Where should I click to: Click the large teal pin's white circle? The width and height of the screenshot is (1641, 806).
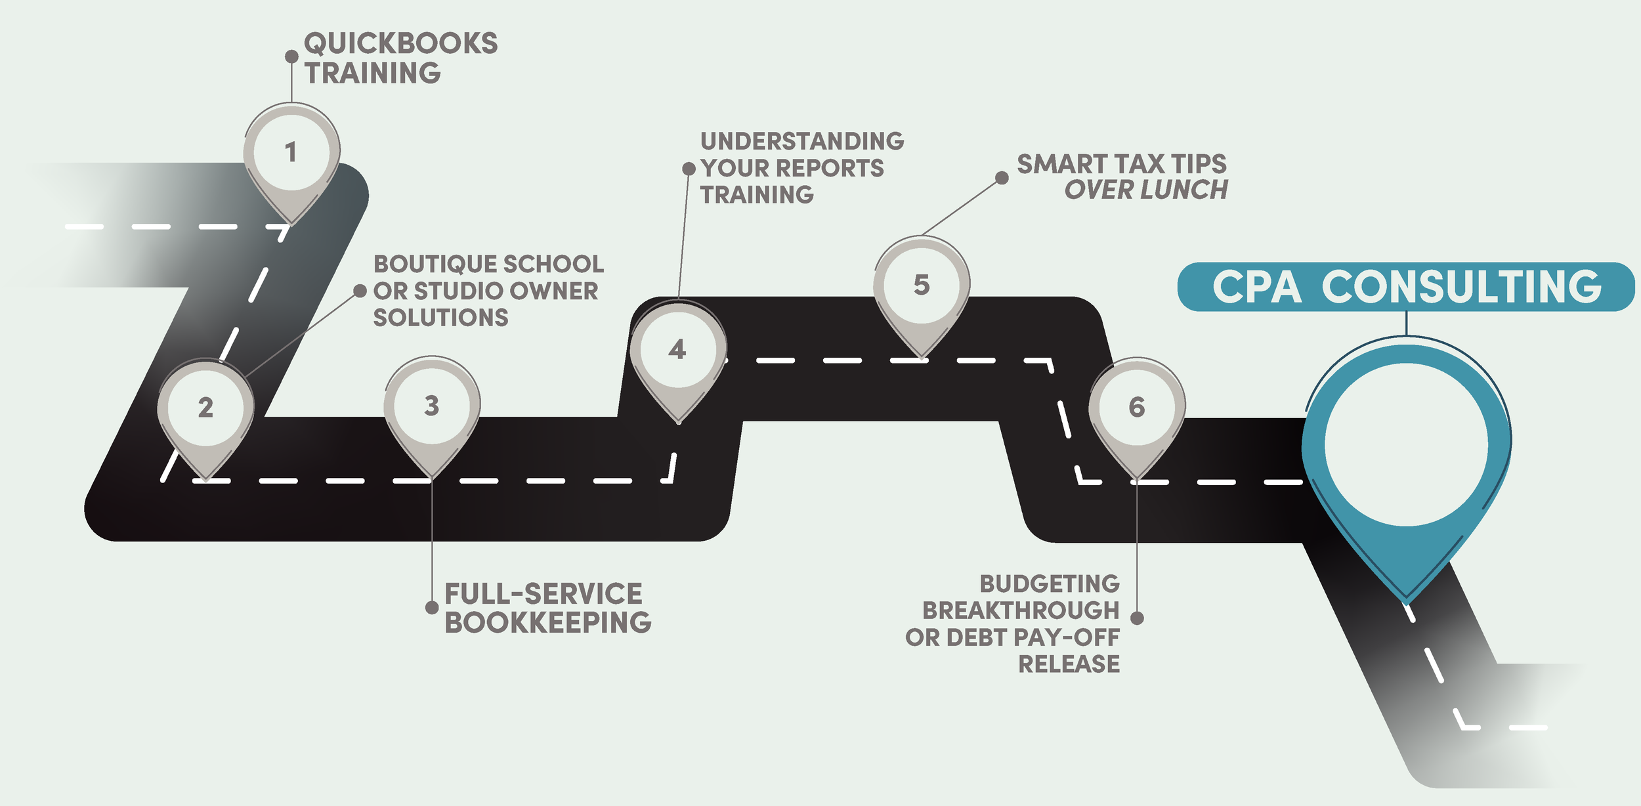1406,444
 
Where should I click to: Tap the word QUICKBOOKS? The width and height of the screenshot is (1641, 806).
400,44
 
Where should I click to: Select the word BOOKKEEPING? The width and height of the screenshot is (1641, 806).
548,622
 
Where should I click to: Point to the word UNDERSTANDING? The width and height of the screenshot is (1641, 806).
802,141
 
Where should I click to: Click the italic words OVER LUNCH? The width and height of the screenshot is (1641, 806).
1146,190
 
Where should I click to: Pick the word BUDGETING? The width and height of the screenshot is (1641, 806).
1050,583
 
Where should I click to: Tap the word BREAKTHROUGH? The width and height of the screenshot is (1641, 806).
1021,610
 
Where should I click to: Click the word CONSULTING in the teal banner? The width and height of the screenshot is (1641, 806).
1461,287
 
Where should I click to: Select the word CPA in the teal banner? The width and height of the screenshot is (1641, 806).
1256,287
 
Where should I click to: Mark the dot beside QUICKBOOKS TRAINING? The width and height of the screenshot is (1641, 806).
292,57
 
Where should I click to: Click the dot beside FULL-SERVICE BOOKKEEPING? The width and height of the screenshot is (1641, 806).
432,608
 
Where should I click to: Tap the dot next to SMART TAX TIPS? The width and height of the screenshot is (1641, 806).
1002,178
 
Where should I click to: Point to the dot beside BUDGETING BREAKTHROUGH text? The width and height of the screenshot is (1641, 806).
1138,618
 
